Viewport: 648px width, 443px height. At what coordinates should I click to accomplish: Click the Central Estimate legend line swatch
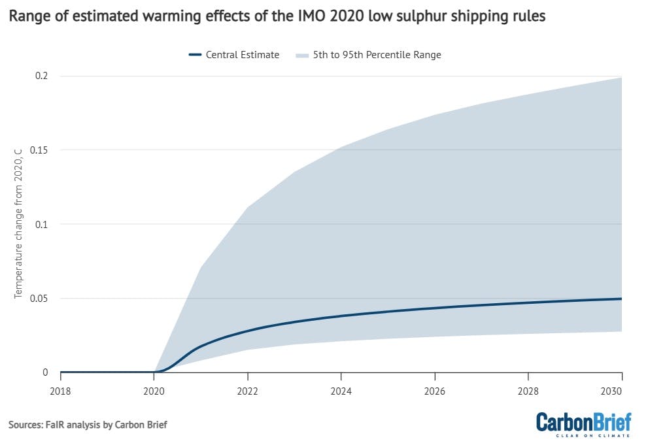194,55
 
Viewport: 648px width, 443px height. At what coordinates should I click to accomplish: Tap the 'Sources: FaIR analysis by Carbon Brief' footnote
88,425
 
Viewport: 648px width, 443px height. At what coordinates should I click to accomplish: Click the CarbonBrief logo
583,423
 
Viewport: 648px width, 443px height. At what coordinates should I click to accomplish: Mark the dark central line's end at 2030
621,299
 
